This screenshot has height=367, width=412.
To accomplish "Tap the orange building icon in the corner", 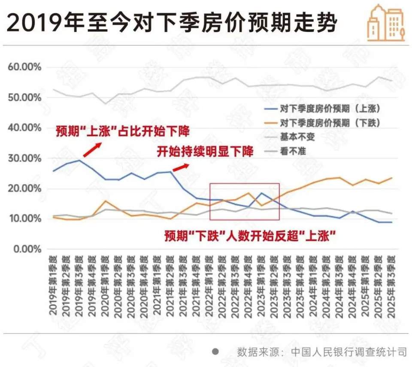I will (386, 24).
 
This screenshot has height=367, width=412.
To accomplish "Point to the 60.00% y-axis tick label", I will (25, 67).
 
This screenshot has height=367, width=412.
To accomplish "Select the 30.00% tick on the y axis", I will (25, 158).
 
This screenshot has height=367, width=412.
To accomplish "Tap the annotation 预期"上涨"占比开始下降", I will (122, 131).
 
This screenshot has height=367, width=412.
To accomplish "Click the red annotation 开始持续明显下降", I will (205, 152).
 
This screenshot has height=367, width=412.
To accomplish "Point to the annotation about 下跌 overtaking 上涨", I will (250, 236).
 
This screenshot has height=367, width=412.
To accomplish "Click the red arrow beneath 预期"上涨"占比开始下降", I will (92, 150).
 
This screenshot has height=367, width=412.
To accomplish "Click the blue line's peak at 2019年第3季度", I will (79, 161).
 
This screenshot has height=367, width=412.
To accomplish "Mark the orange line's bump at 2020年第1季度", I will (106, 201).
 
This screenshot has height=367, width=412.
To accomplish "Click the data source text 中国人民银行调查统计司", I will (349, 352).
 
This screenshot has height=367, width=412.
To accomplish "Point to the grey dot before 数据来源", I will (216, 352).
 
